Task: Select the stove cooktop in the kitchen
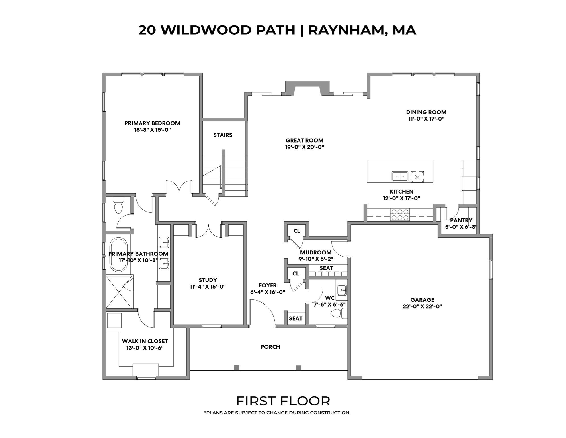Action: point(400,215)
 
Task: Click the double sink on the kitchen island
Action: point(400,177)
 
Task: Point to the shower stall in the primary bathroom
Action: point(119,292)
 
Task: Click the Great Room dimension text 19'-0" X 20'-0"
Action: point(305,147)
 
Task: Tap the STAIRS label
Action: point(223,135)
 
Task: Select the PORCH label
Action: point(270,347)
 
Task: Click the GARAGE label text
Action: point(422,300)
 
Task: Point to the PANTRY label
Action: point(461,220)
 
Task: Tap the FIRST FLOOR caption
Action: point(283,401)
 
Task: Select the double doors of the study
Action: point(209,231)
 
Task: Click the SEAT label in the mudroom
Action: point(326,268)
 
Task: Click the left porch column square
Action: point(237,368)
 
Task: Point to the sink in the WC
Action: point(341,290)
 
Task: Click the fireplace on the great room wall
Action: point(307,88)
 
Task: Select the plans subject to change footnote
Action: point(276,413)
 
